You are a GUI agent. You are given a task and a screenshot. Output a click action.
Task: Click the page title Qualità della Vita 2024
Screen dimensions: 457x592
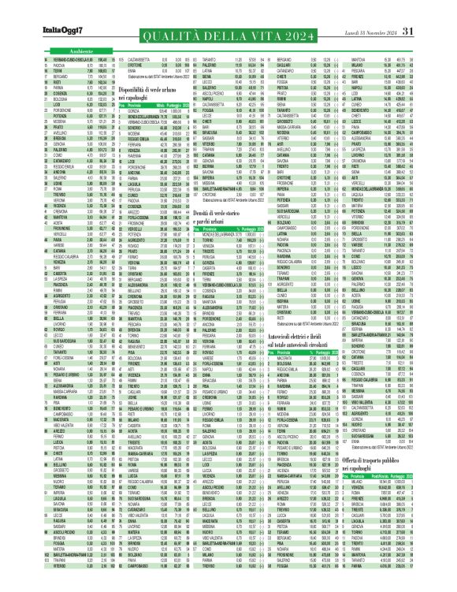tap(228, 31)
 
